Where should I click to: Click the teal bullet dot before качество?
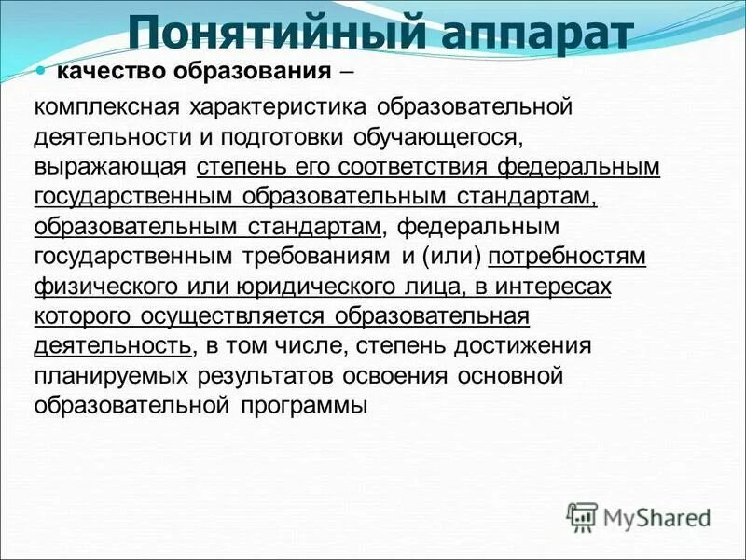40,71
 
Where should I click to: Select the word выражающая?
111,168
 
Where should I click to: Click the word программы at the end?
303,407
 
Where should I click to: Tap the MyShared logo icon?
583,515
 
